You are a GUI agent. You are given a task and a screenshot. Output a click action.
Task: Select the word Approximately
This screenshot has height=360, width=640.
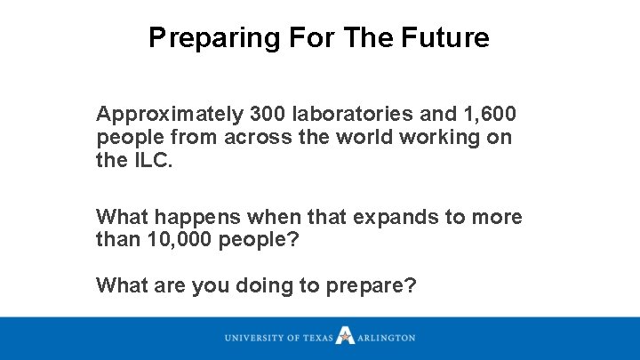point(170,115)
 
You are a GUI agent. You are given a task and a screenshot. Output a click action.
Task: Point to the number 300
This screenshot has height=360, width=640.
point(269,115)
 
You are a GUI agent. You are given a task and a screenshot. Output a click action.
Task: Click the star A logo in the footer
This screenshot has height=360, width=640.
point(345,337)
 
